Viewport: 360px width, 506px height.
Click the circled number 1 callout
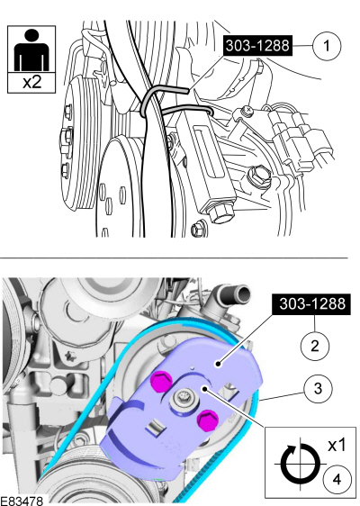pos(327,46)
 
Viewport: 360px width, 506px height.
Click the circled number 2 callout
pos(315,346)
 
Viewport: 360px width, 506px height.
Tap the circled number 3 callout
pos(318,389)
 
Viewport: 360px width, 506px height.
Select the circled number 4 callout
pos(337,479)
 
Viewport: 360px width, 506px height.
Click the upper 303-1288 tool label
pos(257,46)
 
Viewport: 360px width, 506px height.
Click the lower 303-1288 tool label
pos(311,303)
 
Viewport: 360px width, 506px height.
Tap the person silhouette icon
pos(31,50)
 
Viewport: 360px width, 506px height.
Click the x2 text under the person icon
pos(32,83)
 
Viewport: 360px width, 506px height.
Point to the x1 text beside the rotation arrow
pos(337,446)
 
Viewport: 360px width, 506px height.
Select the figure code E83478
pos(22,501)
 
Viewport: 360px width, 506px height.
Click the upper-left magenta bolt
pos(160,381)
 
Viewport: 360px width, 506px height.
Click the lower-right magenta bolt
pos(207,420)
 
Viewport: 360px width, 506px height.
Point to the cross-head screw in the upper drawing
pos(248,111)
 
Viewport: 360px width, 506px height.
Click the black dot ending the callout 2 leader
pos(219,365)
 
